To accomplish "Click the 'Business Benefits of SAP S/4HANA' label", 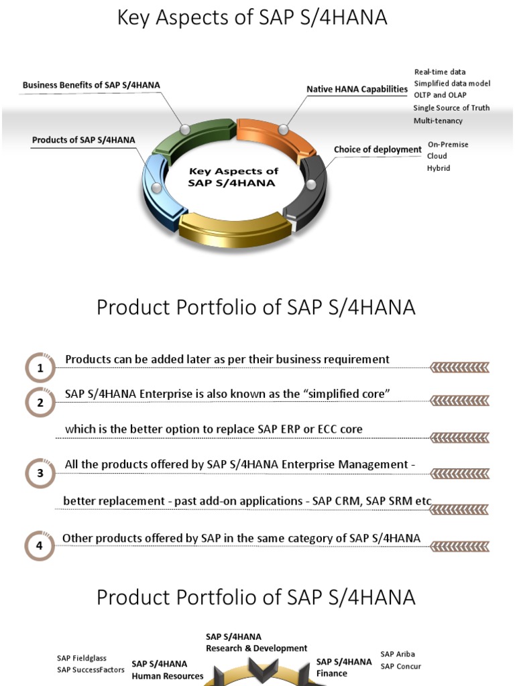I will click(91, 85).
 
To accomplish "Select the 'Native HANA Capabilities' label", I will click(357, 89).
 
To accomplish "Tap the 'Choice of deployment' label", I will click(378, 149).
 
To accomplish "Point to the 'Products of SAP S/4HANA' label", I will click(84, 140).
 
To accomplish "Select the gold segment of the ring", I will click(235, 228).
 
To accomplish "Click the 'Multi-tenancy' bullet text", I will click(438, 121).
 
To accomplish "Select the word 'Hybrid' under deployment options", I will click(439, 168).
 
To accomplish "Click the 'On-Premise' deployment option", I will click(448, 144).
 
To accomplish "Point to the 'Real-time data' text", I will click(440, 72).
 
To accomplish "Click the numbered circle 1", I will click(40, 368).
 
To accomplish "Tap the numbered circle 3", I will click(40, 474).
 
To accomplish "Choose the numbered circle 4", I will click(40, 545).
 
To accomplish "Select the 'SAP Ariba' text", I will click(398, 654).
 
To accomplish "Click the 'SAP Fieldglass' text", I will click(82, 659).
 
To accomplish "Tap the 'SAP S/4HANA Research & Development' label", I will click(256, 642).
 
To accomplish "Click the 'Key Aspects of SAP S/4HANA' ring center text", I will click(233, 178).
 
